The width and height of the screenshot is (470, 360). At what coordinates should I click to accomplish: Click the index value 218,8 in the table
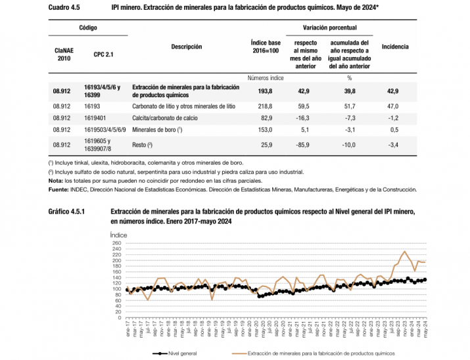coord(265,105)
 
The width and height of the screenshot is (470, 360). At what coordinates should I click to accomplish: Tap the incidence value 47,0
coord(394,105)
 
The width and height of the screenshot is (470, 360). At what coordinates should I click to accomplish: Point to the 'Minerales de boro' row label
coord(156,130)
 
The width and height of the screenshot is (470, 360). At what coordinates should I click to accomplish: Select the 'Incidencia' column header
coord(395,47)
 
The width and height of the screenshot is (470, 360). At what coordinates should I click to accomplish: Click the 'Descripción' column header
coord(186,47)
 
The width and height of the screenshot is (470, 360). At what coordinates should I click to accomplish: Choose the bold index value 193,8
coord(265,90)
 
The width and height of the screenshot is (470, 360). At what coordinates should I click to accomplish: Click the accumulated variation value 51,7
coord(349,105)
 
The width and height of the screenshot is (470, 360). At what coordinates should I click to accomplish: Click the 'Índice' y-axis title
coord(118,234)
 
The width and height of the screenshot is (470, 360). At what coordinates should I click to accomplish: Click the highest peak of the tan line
coord(404,252)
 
